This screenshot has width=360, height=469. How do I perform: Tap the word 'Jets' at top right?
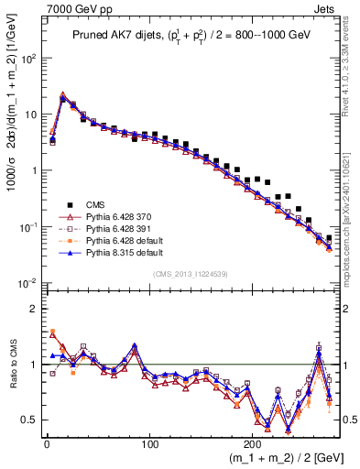pyautogui.click(x=326, y=8)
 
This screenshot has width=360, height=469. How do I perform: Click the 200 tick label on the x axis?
pyautogui.click(x=253, y=442)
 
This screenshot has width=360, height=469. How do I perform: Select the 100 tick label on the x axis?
pyautogui.click(x=149, y=442)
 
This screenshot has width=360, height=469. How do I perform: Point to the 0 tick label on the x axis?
pyautogui.click(x=47, y=442)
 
